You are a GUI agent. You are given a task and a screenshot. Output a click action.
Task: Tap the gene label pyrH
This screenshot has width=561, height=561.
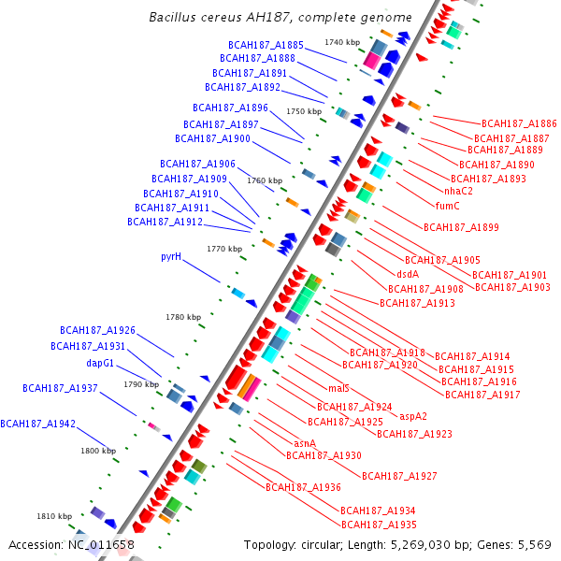point(170,256)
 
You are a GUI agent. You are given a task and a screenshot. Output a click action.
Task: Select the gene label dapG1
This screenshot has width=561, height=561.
point(100,363)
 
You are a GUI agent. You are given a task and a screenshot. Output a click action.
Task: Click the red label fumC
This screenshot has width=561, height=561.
point(448,206)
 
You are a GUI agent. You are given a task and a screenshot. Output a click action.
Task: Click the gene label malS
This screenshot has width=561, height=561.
point(338,388)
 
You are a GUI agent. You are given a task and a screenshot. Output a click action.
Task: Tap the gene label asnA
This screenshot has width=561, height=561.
point(305,443)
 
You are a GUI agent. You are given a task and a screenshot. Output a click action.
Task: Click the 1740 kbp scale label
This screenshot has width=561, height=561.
point(341,42)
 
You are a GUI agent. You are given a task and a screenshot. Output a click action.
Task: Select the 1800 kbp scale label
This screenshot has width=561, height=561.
point(98,451)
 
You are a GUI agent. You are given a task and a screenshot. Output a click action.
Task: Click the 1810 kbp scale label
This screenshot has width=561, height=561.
point(54,516)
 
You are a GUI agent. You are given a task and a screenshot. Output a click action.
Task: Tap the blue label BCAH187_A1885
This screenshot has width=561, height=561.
point(266,45)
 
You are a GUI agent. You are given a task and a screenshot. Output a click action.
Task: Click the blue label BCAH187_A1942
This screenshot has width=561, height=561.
point(37,424)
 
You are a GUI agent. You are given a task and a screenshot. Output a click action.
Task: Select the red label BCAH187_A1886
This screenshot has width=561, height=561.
point(519,123)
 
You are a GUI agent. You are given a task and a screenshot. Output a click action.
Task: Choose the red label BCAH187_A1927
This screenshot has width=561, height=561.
point(399,476)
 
